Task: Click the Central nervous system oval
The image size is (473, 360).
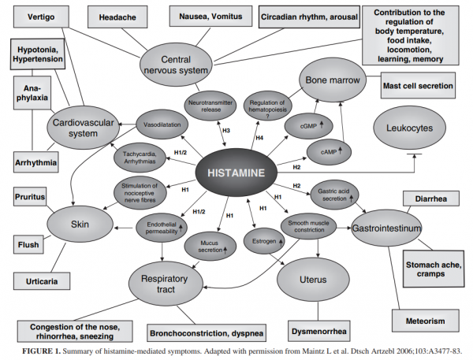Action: coord(177,65)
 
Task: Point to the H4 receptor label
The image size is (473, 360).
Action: coord(261,139)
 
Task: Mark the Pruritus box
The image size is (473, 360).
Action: coord(30,195)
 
